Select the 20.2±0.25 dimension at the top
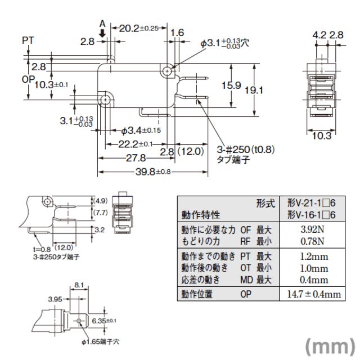[136, 28]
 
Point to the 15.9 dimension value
[230, 86]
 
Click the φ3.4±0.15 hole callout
[141, 131]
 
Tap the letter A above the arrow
[102, 24]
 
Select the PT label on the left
[29, 40]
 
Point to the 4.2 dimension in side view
[319, 35]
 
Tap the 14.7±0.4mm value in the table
[314, 294]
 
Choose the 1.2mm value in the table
[313, 257]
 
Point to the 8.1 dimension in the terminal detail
[78, 286]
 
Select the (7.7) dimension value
[101, 212]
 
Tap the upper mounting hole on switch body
[168, 71]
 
